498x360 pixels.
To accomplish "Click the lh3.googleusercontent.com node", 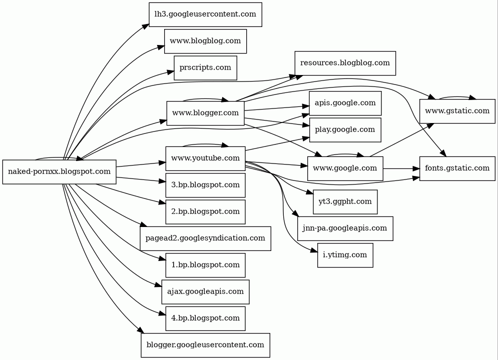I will click(205, 14).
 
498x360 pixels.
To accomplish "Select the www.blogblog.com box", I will click(205, 41).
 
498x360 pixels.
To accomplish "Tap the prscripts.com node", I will click(205, 67).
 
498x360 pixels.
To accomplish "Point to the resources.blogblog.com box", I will click(345, 63).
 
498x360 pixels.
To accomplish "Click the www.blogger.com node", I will click(205, 113).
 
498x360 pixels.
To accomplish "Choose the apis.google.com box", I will click(345, 103).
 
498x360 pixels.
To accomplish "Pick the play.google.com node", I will click(345, 130).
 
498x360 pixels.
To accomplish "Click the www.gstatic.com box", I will click(457, 110).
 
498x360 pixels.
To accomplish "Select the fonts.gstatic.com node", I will click(457, 168).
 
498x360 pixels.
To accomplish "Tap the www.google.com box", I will click(345, 168).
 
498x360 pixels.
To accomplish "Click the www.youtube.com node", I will click(205, 158).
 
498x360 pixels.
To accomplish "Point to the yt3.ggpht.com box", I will click(345, 201).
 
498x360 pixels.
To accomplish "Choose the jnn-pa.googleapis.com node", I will click(345, 228).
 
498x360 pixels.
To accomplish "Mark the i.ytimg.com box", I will click(345, 255).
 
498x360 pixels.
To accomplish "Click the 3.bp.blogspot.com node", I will click(205, 185).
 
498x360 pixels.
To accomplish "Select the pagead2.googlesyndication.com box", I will click(205, 238).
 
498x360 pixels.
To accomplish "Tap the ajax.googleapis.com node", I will click(205, 291).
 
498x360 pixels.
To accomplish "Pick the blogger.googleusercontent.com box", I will click(205, 345).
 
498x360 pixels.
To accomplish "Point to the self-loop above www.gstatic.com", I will click(457, 97).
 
